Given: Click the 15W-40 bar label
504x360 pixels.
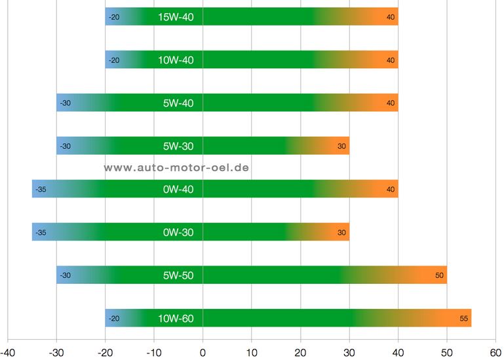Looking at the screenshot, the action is [176, 17].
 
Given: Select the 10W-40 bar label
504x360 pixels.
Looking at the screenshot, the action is [176, 60].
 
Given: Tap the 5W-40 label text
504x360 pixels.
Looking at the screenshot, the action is [178, 103].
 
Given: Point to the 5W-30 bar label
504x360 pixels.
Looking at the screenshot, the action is [178, 146].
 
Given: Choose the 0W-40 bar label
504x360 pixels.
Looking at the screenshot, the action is [178, 189].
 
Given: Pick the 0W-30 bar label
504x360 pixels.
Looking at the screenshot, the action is [178, 232].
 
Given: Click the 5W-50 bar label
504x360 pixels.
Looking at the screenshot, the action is [178, 275].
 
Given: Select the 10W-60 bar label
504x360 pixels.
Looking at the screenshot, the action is [176, 319].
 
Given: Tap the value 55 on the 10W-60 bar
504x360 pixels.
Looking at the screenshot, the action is [463, 319].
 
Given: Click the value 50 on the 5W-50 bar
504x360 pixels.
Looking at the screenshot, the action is [439, 275].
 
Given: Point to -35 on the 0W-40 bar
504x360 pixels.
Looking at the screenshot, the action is [41, 189].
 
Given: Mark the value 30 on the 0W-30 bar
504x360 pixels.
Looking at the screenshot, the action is [341, 232].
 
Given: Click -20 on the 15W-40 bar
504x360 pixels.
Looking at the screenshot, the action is [114, 17].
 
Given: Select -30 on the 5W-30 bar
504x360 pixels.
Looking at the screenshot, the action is [66, 146].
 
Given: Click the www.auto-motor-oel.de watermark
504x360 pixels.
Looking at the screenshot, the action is [176, 168].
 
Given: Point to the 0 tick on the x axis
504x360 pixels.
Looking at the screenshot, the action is [203, 353].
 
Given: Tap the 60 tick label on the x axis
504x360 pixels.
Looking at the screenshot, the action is [495, 353].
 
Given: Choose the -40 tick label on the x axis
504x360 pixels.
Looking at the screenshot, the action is [8, 353].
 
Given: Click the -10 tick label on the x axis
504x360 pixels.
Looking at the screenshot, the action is [154, 353].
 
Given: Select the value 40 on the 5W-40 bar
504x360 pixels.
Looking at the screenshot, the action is [391, 103].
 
